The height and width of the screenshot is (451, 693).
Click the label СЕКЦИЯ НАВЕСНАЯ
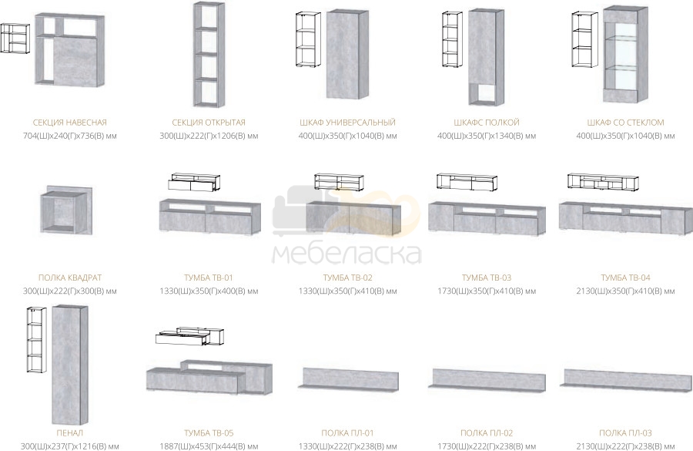[x=70, y=122]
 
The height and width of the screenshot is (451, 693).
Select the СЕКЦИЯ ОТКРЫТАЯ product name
[x=209, y=122]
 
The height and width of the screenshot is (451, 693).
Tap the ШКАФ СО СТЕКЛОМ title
[x=625, y=122]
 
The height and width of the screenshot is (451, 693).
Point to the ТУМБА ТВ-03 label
[x=487, y=278]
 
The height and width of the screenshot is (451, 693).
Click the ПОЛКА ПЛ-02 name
[x=487, y=432]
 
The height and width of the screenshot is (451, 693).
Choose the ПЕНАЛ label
[x=70, y=432]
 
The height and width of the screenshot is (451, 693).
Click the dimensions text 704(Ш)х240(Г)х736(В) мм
[x=70, y=136]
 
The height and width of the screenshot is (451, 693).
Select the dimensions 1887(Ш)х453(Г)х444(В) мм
[x=209, y=446]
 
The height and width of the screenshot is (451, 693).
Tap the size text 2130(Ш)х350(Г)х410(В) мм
[x=625, y=291]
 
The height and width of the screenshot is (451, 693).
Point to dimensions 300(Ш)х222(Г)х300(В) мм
[x=70, y=291]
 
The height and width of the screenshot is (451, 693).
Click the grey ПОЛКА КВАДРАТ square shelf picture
[x=66, y=210]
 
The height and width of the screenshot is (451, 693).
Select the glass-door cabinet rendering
[x=626, y=54]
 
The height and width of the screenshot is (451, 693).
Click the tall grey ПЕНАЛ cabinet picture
[x=70, y=365]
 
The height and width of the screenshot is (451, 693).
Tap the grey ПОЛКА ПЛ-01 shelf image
[x=348, y=379]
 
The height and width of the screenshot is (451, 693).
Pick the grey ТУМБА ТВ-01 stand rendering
[x=210, y=217]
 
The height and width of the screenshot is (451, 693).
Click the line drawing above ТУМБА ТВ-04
[x=603, y=181]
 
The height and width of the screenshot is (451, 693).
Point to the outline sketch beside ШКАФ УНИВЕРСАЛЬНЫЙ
[x=307, y=40]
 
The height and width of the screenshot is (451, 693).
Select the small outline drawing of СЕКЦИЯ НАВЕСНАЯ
[x=15, y=39]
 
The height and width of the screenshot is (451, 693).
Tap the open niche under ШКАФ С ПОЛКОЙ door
[x=485, y=93]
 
